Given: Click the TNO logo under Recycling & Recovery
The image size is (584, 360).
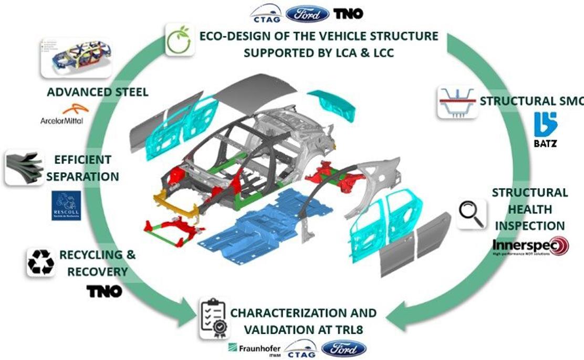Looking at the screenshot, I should coord(104,291).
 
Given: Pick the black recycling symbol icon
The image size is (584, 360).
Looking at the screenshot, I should coord(40,262).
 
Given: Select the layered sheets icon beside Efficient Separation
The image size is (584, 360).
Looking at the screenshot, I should coord(22,167).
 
